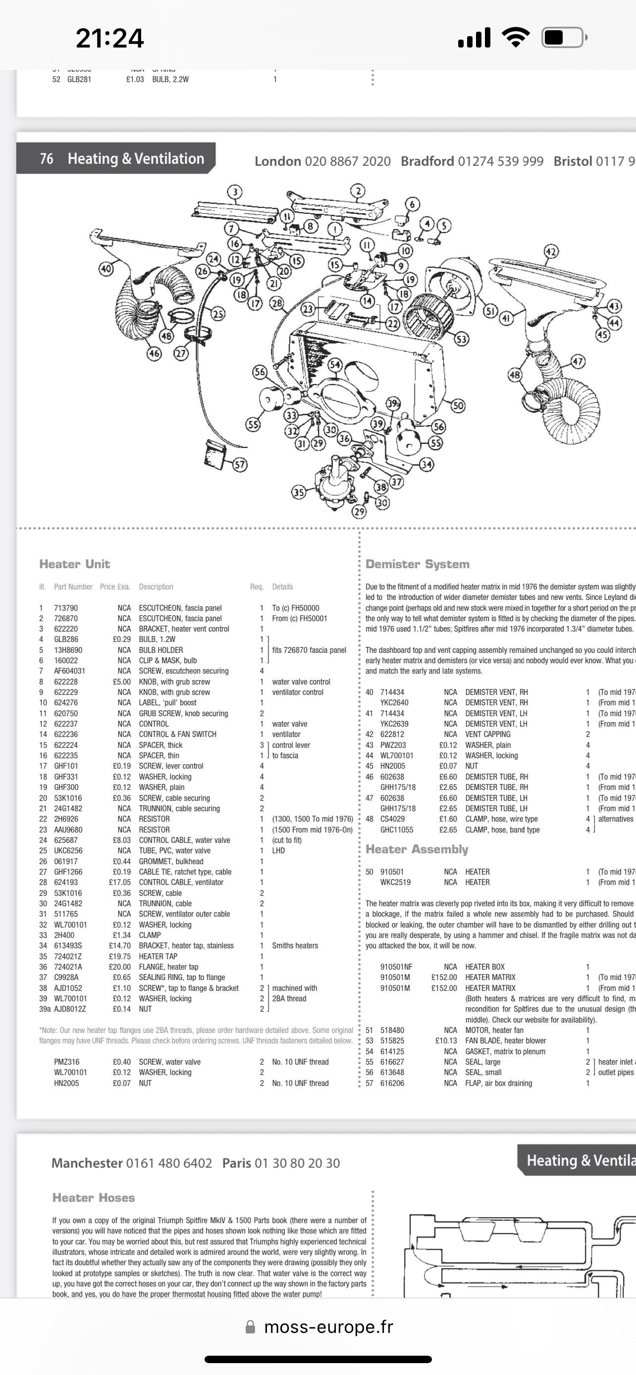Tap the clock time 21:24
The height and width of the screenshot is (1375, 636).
coord(109,39)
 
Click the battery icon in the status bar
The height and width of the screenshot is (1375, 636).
coord(563,38)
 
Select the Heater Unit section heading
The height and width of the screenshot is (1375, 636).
coord(74,564)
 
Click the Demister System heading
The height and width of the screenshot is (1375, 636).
coord(417,564)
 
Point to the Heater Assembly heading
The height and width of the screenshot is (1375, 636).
coord(417,849)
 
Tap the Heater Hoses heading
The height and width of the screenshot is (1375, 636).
coord(94,1198)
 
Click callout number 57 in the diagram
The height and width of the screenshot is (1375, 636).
coord(240,464)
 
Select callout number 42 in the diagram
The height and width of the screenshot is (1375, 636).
coord(551,251)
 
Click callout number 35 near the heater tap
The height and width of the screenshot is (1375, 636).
coord(299,492)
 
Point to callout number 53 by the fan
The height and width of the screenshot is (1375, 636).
coord(461,339)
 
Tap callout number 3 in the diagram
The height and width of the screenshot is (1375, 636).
coord(234,192)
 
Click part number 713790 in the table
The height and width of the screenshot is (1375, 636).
coord(66,608)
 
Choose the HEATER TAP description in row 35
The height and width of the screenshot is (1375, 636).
coord(158,957)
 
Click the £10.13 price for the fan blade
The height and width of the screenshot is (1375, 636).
coord(446,1041)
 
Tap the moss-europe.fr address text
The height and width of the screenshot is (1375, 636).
coord(328,1327)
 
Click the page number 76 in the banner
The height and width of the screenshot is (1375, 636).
coord(47,158)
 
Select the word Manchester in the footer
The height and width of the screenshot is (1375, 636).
coord(87,1163)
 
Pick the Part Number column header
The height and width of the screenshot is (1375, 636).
coord(73,587)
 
